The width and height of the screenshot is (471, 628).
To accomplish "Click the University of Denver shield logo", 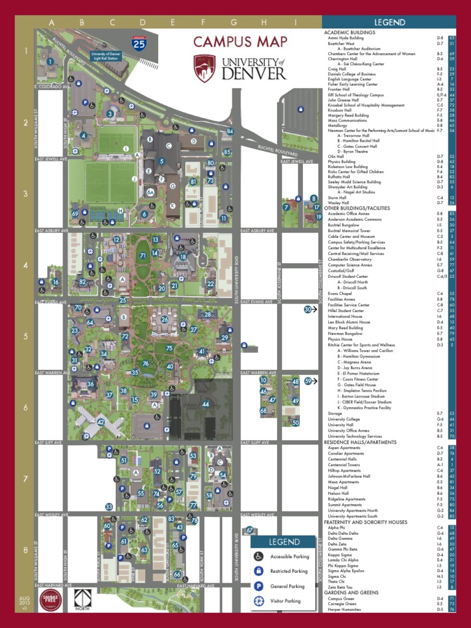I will tap(204, 68).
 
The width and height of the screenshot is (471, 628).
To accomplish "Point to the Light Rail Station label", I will tap(107, 55).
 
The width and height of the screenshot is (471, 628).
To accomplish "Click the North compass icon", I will tap(83, 600).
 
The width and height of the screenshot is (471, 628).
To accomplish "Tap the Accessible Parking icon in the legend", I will tap(259, 556).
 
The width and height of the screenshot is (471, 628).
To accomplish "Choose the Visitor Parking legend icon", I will tap(259, 601).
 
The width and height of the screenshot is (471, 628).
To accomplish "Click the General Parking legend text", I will tap(288, 586).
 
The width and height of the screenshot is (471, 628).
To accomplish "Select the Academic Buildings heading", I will tap(349, 32).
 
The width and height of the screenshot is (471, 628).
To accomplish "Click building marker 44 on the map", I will tap(206, 404).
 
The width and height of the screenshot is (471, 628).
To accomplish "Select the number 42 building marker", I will tap(101, 422).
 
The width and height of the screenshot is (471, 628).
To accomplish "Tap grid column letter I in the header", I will tap(296, 23).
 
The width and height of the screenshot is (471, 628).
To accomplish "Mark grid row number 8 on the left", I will tap(26, 550).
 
